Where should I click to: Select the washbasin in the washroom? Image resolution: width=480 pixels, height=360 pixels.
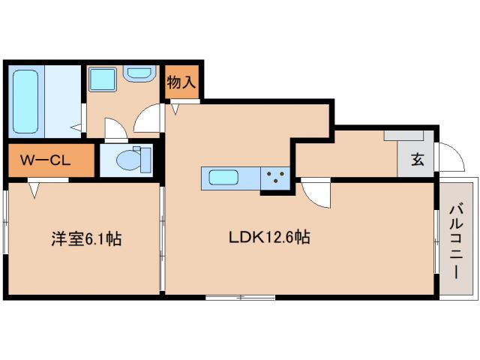pos(138,74)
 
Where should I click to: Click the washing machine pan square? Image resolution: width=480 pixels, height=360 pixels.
pos(101,78)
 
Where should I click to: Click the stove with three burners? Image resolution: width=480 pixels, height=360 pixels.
pos(276,178)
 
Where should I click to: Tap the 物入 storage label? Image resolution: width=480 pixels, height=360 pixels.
pos(181,82)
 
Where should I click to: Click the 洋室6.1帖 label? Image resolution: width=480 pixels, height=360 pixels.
pos(85,239)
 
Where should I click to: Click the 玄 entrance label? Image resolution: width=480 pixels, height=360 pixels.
pos(416,159)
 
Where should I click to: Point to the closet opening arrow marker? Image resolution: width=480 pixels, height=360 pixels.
pos(34,190)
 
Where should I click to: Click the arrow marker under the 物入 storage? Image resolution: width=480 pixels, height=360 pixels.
pos(175,109)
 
